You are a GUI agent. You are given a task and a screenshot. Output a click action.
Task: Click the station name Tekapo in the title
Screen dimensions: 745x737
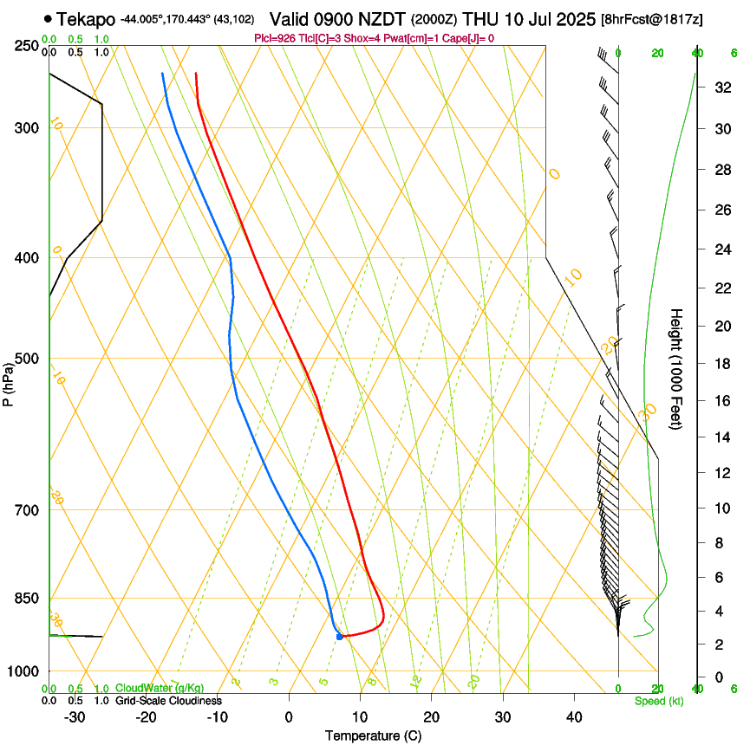(87, 18)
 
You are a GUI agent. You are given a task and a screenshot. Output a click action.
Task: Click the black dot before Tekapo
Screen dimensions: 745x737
(47, 18)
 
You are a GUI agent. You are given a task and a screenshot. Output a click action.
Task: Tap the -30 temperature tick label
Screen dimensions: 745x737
(75, 716)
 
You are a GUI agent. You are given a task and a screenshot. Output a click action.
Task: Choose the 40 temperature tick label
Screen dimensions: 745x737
(574, 716)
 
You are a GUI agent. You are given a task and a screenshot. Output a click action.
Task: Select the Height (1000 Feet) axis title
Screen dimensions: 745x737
(677, 368)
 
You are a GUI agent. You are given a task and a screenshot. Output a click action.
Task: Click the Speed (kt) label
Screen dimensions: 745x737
(658, 701)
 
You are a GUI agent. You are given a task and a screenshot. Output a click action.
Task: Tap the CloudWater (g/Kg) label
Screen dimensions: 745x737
(160, 689)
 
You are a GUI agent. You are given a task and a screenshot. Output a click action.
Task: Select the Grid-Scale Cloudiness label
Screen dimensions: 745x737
(168, 701)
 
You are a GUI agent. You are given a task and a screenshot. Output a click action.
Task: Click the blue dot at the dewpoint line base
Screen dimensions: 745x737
(340, 637)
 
